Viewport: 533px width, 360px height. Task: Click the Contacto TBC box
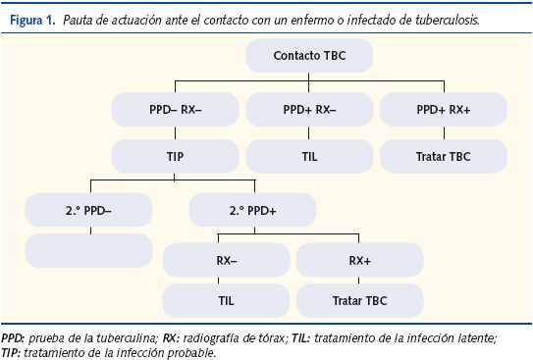[x=310, y=57]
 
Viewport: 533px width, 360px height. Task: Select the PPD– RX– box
[x=176, y=110]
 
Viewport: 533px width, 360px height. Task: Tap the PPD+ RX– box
[x=309, y=110]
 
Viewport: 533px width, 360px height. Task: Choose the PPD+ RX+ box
[x=444, y=110]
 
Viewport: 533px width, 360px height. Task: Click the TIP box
[x=176, y=155]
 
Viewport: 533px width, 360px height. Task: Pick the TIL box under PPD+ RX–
[x=309, y=155]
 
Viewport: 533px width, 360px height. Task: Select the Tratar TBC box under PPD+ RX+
[x=444, y=155]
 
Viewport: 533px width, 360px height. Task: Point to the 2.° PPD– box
[x=89, y=209]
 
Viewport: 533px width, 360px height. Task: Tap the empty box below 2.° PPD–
[x=89, y=250]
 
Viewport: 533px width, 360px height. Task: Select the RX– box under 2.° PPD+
[x=226, y=260]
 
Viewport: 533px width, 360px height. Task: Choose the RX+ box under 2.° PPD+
[x=359, y=260]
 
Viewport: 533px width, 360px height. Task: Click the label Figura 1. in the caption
[x=31, y=16]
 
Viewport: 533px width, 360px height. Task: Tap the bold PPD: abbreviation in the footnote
[x=15, y=336]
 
